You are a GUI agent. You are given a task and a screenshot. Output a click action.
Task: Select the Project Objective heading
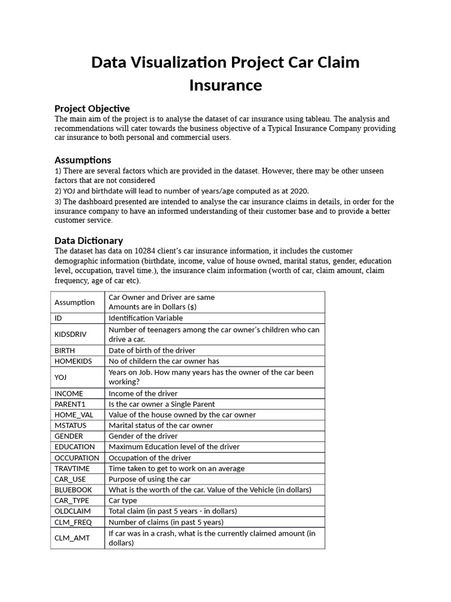point(92,108)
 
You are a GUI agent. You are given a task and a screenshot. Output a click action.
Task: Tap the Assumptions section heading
point(83,160)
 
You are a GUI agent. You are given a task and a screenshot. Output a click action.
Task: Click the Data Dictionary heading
point(89,240)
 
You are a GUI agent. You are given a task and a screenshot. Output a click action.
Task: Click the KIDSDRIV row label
point(70,334)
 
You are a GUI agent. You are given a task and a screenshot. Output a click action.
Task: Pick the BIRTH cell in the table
point(65,350)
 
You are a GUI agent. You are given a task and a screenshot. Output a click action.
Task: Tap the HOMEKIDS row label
point(73,361)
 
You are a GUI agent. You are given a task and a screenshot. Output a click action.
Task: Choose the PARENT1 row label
point(69,404)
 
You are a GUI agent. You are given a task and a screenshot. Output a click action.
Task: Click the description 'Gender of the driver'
point(143,436)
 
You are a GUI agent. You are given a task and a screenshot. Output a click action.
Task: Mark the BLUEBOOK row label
point(73,490)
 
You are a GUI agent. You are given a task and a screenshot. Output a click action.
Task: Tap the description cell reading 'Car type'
point(123,500)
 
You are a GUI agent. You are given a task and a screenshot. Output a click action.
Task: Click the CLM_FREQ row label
point(73,522)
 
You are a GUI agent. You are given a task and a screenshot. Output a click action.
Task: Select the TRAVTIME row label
point(72,469)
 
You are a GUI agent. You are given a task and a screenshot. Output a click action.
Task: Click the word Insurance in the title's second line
point(225,85)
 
